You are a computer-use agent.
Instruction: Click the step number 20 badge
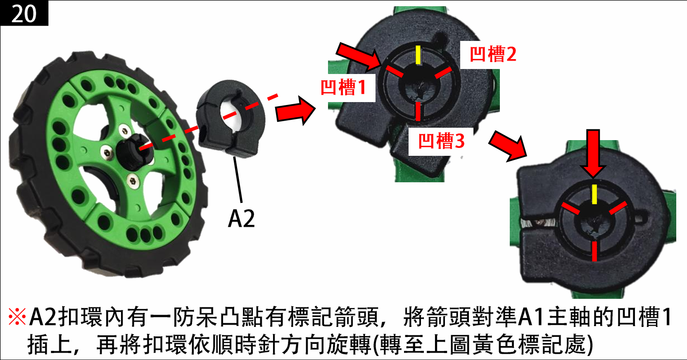24,13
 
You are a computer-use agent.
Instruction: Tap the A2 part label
241,218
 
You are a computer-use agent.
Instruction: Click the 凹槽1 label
344,87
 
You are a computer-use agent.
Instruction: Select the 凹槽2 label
493,54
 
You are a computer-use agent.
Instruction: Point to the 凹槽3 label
441,141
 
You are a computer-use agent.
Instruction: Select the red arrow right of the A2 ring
295,110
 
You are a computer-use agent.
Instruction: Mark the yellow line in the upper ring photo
418,55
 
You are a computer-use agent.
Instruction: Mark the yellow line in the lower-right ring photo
594,194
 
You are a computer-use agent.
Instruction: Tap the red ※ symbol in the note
17,317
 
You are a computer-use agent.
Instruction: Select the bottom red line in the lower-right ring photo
594,251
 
